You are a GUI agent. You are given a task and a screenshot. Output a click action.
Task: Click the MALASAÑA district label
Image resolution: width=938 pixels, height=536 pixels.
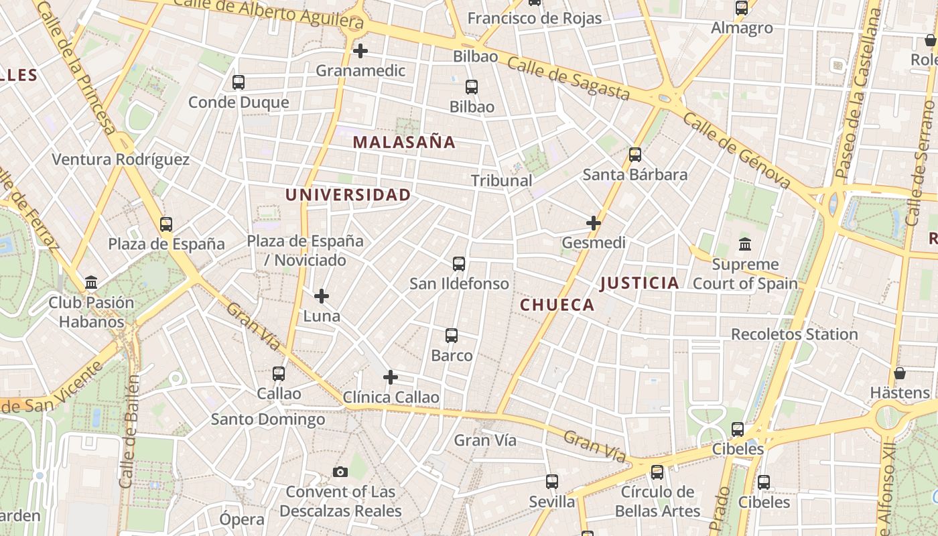click(404, 142)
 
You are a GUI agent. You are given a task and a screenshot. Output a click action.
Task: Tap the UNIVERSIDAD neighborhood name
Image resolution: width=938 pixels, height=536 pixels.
click(348, 195)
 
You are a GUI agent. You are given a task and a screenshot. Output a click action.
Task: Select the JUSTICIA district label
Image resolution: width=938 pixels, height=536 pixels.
click(639, 283)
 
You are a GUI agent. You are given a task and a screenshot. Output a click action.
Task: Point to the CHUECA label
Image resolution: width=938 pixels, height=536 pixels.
click(557, 306)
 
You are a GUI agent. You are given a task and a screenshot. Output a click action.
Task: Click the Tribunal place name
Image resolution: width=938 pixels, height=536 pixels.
click(501, 180)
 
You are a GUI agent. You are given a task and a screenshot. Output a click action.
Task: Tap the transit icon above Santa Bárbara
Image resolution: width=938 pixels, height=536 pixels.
click(635, 155)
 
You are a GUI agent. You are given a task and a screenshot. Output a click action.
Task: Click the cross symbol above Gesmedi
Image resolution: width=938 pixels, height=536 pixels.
click(594, 223)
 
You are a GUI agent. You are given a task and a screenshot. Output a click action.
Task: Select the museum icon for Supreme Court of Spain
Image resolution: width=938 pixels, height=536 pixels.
click(745, 244)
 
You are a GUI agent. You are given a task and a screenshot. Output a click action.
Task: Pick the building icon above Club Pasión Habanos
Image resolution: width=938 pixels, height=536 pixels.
click(91, 283)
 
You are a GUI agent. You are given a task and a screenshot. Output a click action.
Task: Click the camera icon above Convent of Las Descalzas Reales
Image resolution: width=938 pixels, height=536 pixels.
click(340, 472)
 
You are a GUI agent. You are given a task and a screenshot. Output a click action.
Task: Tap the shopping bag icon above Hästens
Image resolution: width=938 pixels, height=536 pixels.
click(900, 373)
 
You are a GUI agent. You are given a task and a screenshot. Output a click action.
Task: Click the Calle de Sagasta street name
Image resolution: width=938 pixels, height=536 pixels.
click(568, 78)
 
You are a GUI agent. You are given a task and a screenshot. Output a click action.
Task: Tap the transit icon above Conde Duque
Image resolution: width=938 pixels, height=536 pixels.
click(239, 82)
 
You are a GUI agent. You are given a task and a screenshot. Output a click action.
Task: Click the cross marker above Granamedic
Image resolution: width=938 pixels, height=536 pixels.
click(360, 51)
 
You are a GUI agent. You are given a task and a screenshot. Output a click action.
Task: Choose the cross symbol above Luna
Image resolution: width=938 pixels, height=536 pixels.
click(322, 296)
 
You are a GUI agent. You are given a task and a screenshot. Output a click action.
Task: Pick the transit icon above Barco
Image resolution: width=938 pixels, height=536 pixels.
click(452, 336)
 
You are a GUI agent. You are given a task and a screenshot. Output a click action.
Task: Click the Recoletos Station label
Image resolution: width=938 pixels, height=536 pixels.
click(794, 334)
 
